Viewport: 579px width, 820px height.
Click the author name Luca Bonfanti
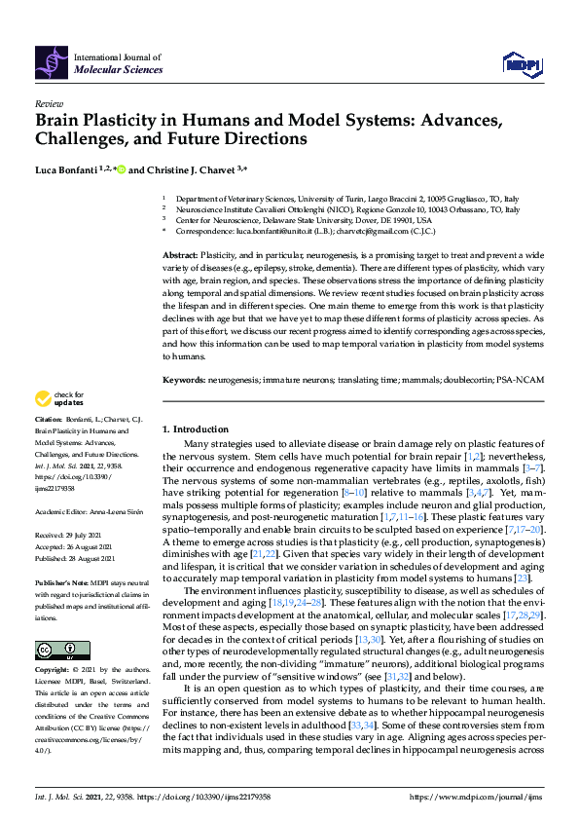(67, 169)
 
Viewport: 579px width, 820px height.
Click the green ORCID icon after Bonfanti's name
(122, 169)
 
